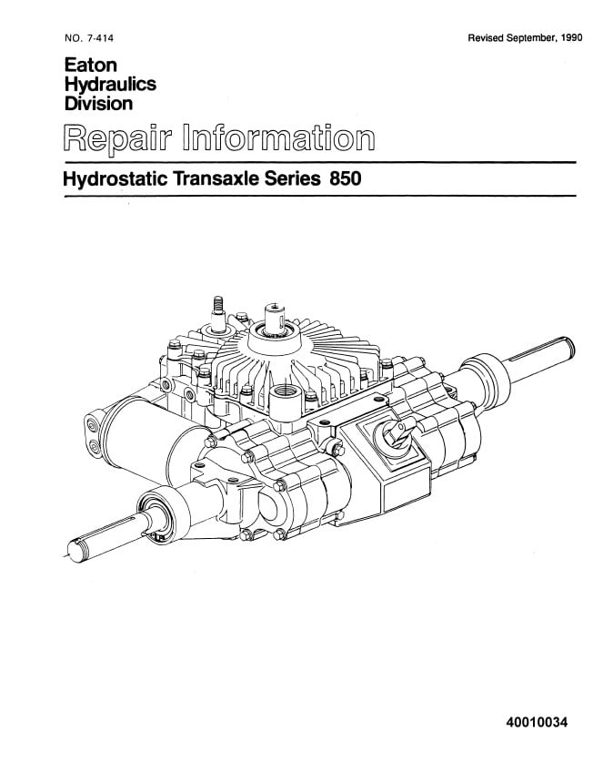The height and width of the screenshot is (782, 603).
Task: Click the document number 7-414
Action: (100, 38)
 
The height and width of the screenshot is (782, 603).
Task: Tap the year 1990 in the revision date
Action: (571, 38)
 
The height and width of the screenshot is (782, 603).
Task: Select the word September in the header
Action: (530, 38)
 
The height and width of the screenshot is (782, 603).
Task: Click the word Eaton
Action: (91, 66)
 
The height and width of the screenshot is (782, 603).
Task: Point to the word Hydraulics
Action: (110, 85)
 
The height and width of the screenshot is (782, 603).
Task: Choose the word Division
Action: (98, 103)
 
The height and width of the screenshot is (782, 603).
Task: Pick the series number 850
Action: (346, 178)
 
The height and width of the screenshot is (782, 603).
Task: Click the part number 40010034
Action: (537, 722)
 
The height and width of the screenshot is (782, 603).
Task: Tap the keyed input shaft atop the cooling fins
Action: (275, 319)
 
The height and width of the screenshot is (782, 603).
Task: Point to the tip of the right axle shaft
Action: (568, 347)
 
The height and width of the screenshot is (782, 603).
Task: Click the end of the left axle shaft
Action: (75, 553)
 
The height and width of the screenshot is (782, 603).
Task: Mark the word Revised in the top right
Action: (485, 38)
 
